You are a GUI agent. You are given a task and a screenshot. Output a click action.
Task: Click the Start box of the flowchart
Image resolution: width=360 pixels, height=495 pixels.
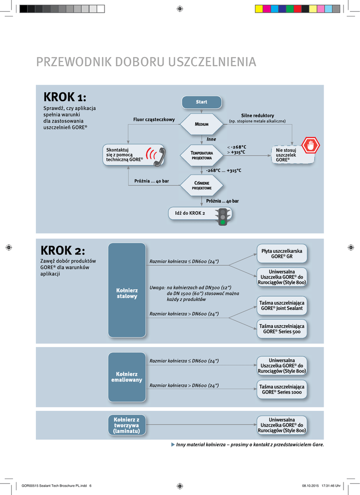tap(201, 102)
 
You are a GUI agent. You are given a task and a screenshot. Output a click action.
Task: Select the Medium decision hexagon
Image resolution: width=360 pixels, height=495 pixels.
tap(201, 124)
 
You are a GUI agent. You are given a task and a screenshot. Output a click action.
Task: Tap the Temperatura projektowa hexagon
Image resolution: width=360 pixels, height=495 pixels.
tap(201, 155)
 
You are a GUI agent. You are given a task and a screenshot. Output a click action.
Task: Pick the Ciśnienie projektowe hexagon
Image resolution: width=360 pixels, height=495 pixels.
tap(201, 185)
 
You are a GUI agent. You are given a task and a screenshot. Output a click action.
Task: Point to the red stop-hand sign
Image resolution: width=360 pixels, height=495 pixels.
tap(310, 145)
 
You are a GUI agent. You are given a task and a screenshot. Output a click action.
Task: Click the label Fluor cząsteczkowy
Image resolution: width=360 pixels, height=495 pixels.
tap(154, 119)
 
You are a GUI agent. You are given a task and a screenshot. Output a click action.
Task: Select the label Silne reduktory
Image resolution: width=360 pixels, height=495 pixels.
tap(257, 116)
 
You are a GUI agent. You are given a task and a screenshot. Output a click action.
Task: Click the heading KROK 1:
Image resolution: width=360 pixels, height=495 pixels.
tap(65, 97)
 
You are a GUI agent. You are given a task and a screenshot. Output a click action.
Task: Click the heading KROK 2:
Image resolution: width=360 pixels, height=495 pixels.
tap(63, 251)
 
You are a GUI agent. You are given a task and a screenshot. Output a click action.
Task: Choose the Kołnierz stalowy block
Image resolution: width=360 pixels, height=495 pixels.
tap(127, 290)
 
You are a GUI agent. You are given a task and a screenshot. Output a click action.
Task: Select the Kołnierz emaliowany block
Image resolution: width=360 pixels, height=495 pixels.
tap(127, 377)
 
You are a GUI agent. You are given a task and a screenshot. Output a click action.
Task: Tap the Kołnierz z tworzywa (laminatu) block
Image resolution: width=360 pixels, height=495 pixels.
tap(127, 425)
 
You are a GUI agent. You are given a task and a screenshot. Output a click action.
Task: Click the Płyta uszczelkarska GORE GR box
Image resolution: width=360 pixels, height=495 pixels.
tap(282, 254)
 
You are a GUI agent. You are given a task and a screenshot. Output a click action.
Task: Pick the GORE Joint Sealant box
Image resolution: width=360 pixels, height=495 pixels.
tap(282, 306)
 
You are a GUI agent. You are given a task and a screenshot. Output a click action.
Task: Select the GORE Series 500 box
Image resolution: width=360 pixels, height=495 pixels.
tap(282, 329)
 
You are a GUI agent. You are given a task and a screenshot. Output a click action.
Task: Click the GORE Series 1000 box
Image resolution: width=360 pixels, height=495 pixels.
tap(282, 389)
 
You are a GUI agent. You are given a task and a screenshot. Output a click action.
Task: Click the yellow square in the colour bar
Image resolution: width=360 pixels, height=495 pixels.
tap(259, 8)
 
